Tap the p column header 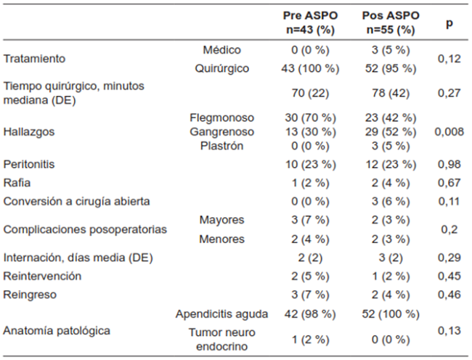click(450, 23)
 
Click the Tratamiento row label click(35, 59)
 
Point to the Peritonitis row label click(30, 165)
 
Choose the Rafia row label click(17, 184)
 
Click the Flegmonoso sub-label click(221, 118)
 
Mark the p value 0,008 click(449, 132)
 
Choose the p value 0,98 click(449, 165)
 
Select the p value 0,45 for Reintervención click(449, 277)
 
